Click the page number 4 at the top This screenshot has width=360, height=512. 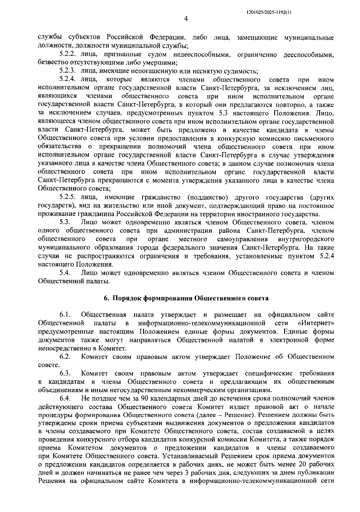(186, 19)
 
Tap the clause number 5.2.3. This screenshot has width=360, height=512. (69, 71)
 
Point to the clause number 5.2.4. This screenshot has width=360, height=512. (69, 80)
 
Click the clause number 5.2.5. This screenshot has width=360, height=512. (69, 197)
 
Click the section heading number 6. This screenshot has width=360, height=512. (105, 298)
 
